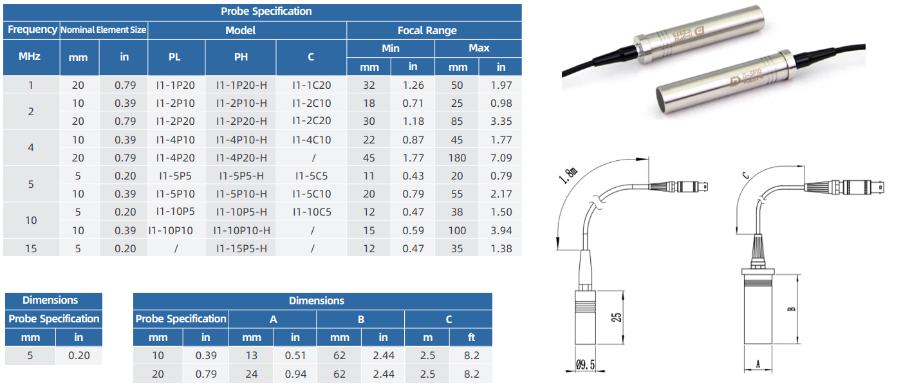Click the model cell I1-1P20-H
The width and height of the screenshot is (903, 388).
click(x=241, y=85)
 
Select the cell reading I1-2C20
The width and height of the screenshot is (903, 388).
click(x=312, y=120)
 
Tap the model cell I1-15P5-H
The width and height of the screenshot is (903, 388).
click(x=241, y=248)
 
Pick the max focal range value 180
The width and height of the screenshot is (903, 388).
click(x=457, y=158)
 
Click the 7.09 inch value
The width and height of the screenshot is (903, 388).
click(x=501, y=158)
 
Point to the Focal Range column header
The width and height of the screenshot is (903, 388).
click(x=427, y=31)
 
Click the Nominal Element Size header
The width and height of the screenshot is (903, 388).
click(x=103, y=30)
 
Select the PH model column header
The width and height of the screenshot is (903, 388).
click(x=241, y=57)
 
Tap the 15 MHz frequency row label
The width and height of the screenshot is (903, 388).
click(x=31, y=248)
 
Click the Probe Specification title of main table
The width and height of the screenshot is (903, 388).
click(x=266, y=12)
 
